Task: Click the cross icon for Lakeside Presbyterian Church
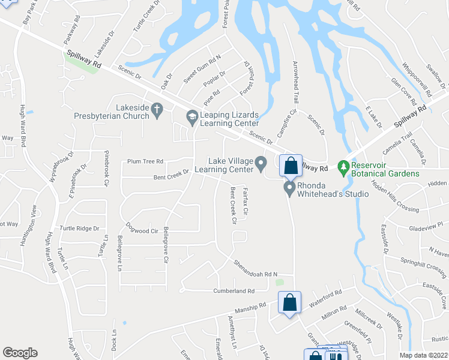click(x=157, y=110)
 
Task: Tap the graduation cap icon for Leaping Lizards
click(x=192, y=118)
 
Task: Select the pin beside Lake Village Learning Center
click(x=261, y=163)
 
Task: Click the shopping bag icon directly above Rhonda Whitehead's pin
click(x=291, y=166)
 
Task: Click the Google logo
click(x=20, y=353)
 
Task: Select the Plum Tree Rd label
click(x=145, y=161)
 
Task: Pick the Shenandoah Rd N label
click(x=256, y=267)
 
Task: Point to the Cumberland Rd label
click(x=234, y=291)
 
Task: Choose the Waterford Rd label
click(x=325, y=296)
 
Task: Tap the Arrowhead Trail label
click(x=295, y=83)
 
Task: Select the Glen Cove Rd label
click(x=403, y=89)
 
